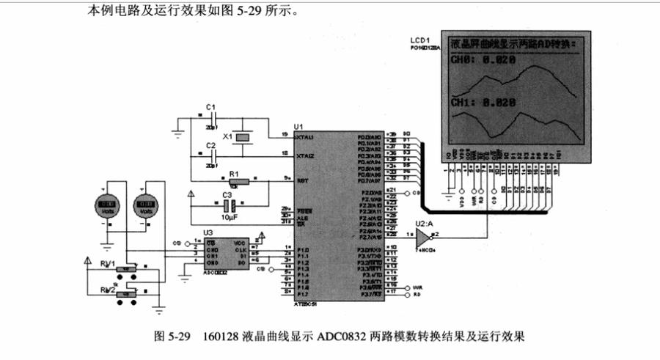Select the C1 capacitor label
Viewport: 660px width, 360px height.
point(210,107)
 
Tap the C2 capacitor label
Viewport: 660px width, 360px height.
point(210,146)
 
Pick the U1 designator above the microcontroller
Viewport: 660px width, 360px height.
point(298,127)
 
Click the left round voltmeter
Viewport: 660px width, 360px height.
point(108,205)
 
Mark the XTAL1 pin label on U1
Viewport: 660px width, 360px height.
point(304,137)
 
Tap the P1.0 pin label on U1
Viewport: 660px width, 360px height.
point(301,251)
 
